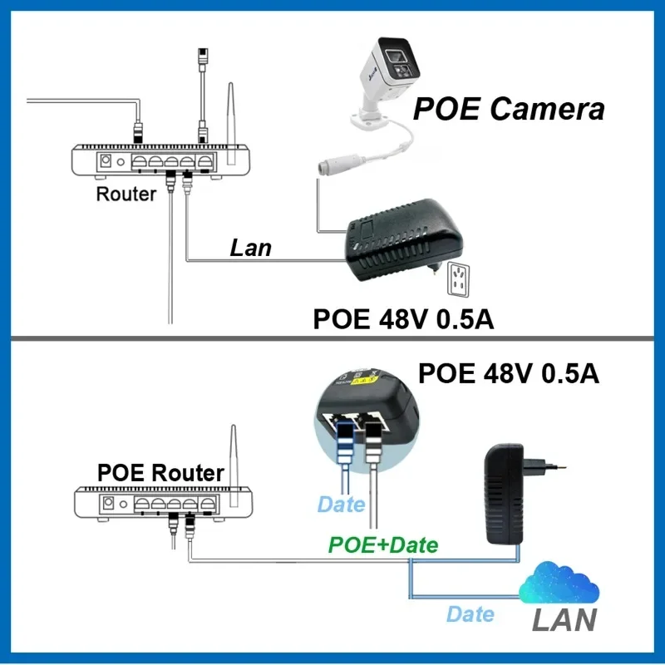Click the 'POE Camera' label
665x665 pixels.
click(509, 109)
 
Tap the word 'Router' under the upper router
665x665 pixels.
click(126, 194)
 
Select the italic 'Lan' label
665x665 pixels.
click(251, 248)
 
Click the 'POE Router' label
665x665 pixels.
click(160, 472)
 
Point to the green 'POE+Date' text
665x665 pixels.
click(383, 545)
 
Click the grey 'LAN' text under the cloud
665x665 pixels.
click(564, 619)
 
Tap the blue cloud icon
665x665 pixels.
click(559, 583)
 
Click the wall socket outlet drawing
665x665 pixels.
click(459, 279)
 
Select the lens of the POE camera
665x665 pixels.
click(394, 55)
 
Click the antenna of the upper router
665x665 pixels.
click(231, 123)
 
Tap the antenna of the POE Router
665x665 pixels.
click(234, 465)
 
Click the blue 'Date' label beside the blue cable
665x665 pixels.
click(341, 505)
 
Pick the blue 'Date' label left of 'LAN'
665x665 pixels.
click(470, 614)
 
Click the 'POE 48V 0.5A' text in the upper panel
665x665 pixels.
click(403, 319)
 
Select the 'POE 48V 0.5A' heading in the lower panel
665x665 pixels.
click(509, 373)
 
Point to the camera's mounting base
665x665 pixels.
click(368, 119)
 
